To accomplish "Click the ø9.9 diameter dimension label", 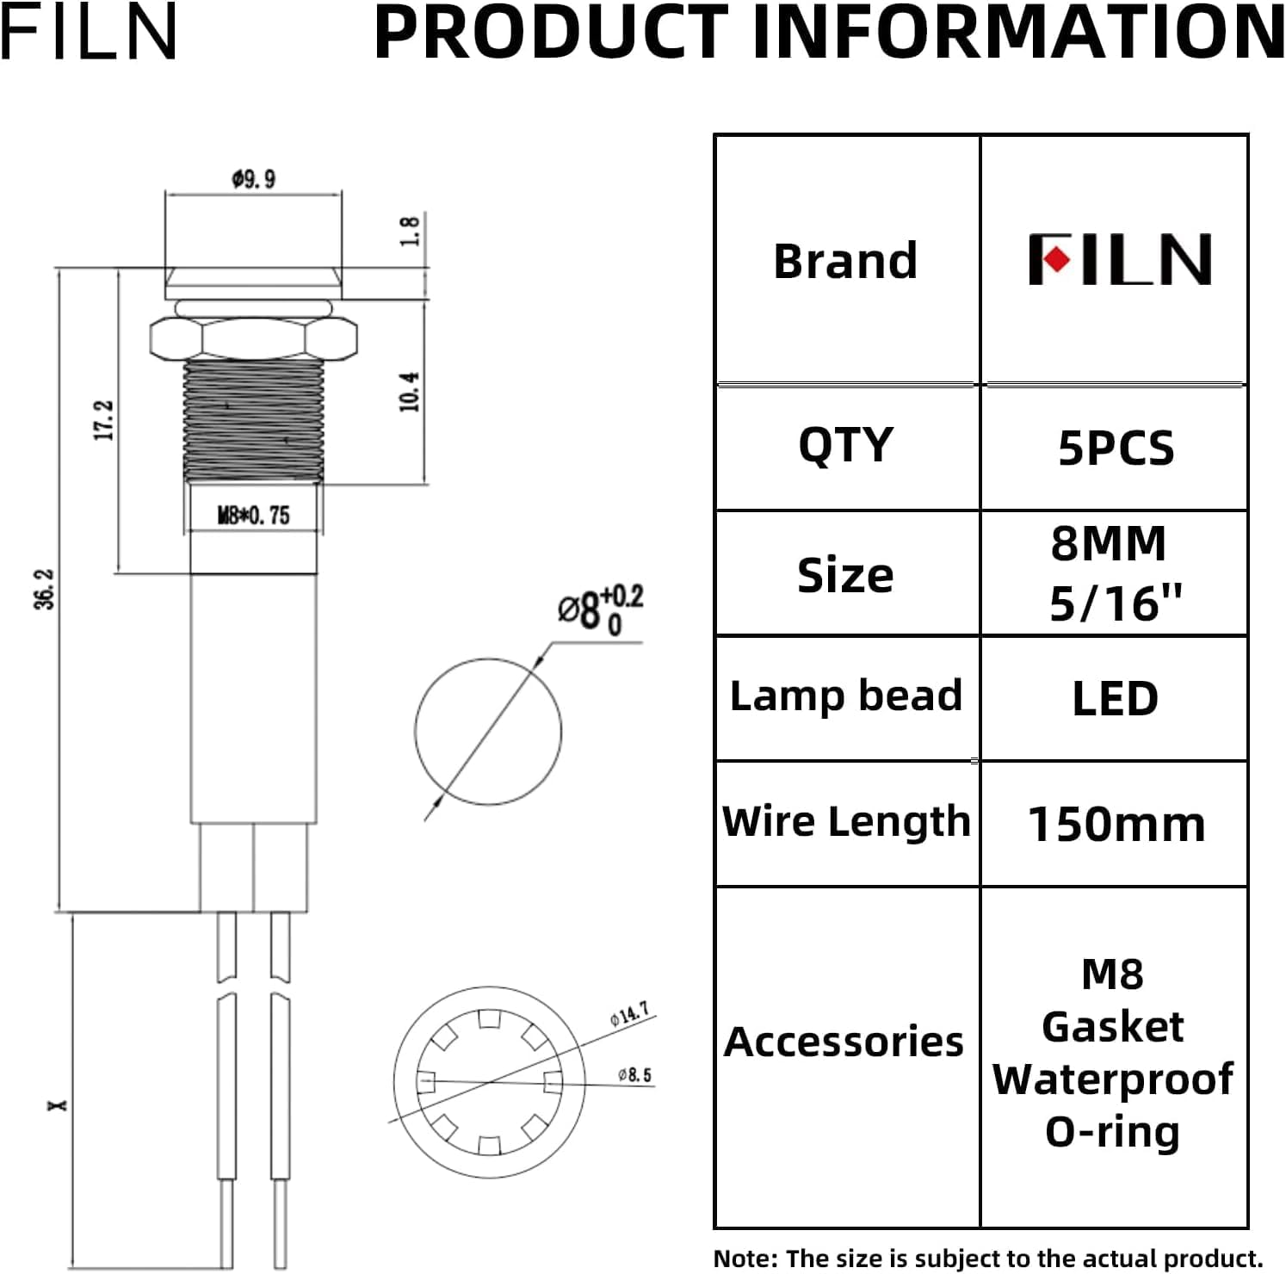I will (x=253, y=179).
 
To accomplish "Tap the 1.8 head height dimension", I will (x=410, y=231).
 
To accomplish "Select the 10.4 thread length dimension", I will (x=410, y=392).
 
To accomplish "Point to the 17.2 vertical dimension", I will (x=103, y=420).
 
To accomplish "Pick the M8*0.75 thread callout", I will (x=253, y=516).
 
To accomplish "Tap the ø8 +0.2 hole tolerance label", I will (x=599, y=609).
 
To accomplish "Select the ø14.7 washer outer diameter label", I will (x=630, y=1013).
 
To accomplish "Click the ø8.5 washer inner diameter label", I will (x=634, y=1075).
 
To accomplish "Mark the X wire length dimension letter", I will (x=58, y=1104).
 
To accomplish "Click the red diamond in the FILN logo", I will (x=1056, y=259).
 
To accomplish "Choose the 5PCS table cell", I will (x=1116, y=448).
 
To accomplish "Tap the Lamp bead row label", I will (x=845, y=696).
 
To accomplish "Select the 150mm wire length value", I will (x=1116, y=825).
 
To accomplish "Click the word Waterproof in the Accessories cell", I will (x=1112, y=1079).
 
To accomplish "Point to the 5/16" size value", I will (x=1115, y=603).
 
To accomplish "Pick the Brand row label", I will (x=845, y=261).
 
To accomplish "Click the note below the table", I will (x=987, y=1259).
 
